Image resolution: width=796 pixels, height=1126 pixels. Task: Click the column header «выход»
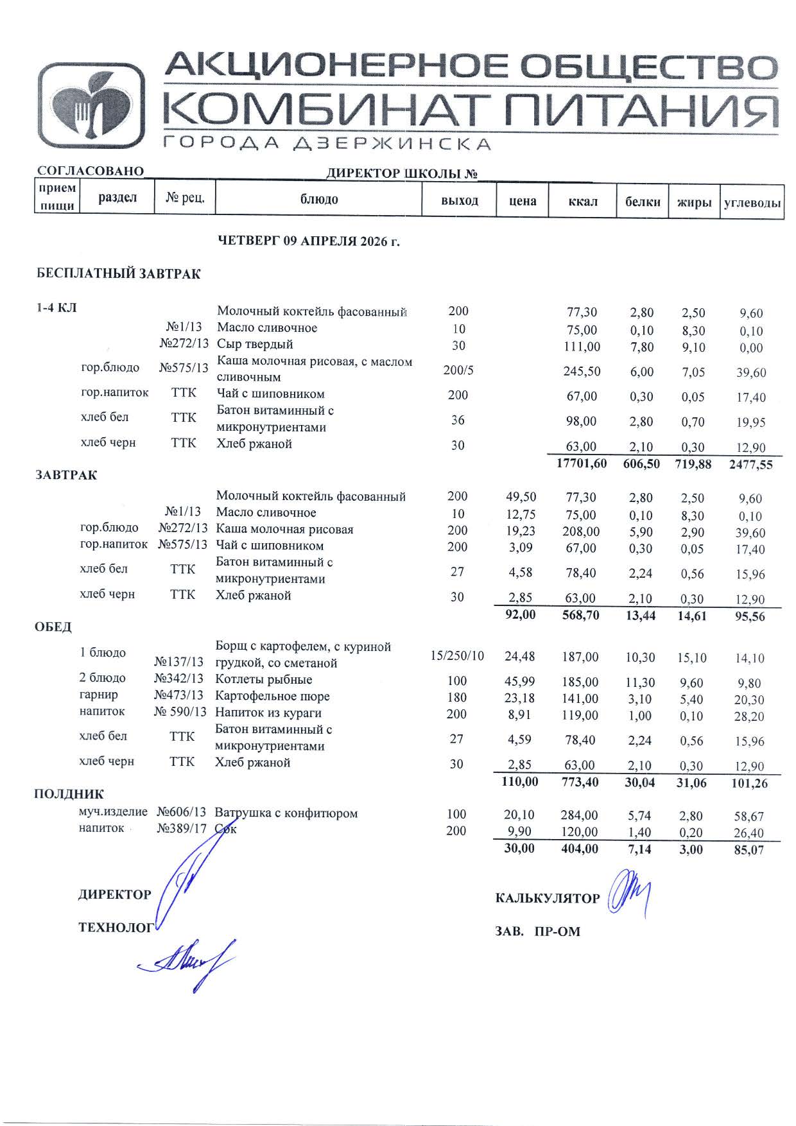(459, 200)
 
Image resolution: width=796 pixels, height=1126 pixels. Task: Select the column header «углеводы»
(752, 203)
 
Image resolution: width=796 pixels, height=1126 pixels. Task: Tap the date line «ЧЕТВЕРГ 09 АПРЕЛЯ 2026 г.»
(309, 241)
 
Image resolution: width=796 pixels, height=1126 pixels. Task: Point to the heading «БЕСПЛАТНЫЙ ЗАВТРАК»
(118, 273)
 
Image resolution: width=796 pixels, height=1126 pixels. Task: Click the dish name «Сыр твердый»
(255, 344)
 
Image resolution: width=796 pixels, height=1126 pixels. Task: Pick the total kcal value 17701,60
(582, 463)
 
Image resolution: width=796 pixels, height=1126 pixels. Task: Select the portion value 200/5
(458, 370)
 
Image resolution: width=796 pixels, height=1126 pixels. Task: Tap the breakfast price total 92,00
(520, 614)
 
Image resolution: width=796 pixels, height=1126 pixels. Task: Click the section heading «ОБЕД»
(53, 627)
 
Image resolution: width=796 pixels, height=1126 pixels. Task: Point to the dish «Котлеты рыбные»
(263, 679)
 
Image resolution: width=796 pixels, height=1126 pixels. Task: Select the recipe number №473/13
(180, 695)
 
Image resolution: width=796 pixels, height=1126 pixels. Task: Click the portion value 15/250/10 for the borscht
(457, 655)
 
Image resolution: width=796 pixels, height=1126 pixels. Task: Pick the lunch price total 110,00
(519, 781)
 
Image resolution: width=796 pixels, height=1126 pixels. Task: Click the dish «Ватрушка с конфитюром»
(286, 813)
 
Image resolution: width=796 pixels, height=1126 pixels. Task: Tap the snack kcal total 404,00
(579, 849)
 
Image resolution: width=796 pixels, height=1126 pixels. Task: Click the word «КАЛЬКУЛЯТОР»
(547, 898)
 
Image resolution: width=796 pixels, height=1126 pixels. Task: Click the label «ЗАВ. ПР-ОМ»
(537, 931)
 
